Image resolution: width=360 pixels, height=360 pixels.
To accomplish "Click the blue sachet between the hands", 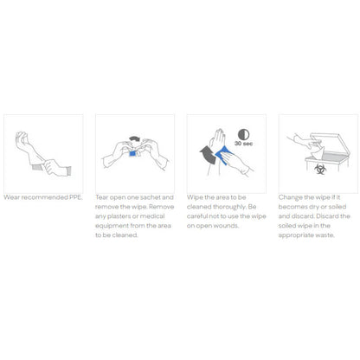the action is [x=132, y=153].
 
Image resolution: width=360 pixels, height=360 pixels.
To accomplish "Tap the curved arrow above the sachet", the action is [x=134, y=139].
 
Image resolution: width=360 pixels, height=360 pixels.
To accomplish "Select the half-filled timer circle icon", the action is [x=243, y=134].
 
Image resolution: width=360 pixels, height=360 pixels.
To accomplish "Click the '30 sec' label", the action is [x=243, y=144].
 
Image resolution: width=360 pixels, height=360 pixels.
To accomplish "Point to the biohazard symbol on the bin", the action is [x=319, y=169].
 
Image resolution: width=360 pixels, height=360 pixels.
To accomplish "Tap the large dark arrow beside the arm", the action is [x=209, y=155].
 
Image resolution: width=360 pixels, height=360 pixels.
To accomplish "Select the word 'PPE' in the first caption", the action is [x=75, y=197].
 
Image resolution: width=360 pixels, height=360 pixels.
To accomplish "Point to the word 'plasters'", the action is [x=119, y=216].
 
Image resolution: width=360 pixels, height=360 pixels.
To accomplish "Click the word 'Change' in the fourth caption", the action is [x=290, y=197].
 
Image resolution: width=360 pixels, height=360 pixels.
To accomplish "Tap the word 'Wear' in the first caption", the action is [x=11, y=197].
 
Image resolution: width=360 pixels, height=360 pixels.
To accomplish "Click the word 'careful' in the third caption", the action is [x=196, y=216].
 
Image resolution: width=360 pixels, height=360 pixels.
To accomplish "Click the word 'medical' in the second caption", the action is [x=152, y=216].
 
